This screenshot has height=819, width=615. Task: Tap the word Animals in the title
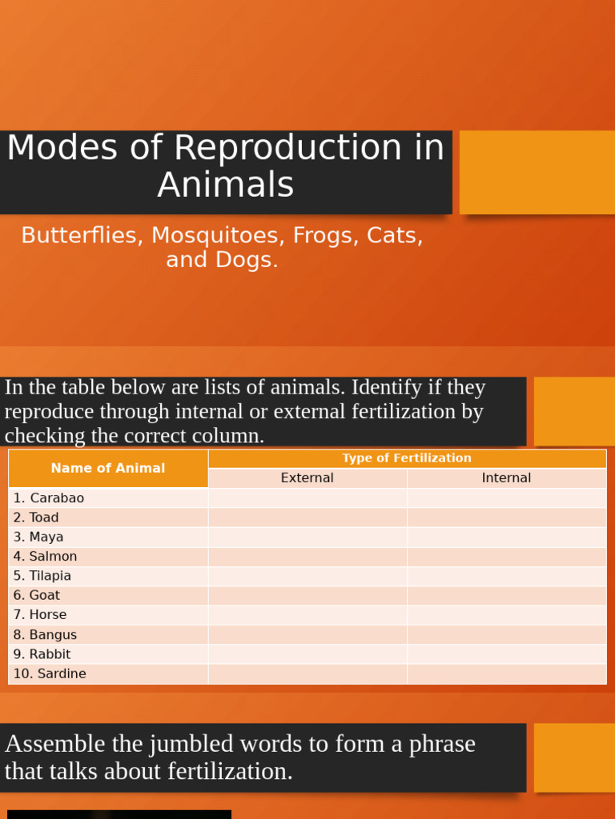pos(226,186)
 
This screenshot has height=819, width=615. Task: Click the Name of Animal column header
pos(108,469)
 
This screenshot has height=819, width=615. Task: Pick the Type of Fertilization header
pos(407,458)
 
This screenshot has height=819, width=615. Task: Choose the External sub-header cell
pos(307,478)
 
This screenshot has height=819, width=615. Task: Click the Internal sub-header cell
pos(506,478)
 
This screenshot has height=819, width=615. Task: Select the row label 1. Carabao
pos(49,498)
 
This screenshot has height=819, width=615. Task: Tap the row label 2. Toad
pos(36,517)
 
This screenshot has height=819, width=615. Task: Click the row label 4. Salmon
pos(46,557)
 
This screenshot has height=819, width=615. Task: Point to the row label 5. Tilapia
pos(42,576)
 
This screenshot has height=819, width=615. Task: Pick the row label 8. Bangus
pos(46,635)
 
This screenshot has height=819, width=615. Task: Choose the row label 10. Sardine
pos(50,674)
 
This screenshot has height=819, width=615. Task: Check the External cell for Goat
pos(307,596)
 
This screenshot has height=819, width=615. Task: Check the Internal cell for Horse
pos(506,615)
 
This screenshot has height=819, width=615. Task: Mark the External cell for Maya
pos(307,537)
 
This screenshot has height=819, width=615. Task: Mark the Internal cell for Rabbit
pos(506,654)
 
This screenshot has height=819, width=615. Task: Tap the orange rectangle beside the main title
pos(537,172)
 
